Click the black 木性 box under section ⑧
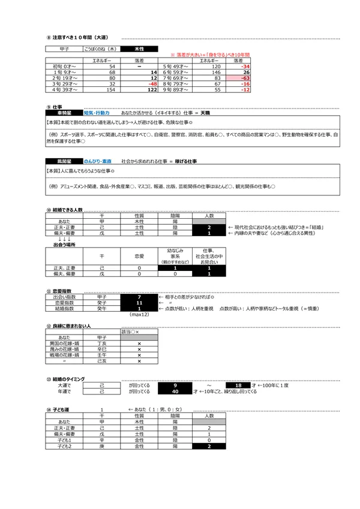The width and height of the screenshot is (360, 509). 139,49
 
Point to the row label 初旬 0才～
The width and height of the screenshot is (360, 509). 62,67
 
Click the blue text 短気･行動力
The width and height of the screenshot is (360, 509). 97,112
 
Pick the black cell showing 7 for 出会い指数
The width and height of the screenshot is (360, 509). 139,297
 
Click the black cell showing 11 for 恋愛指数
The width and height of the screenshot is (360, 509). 139,303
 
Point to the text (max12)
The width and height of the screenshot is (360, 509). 139,315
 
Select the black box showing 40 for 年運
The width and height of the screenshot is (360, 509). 175,391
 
